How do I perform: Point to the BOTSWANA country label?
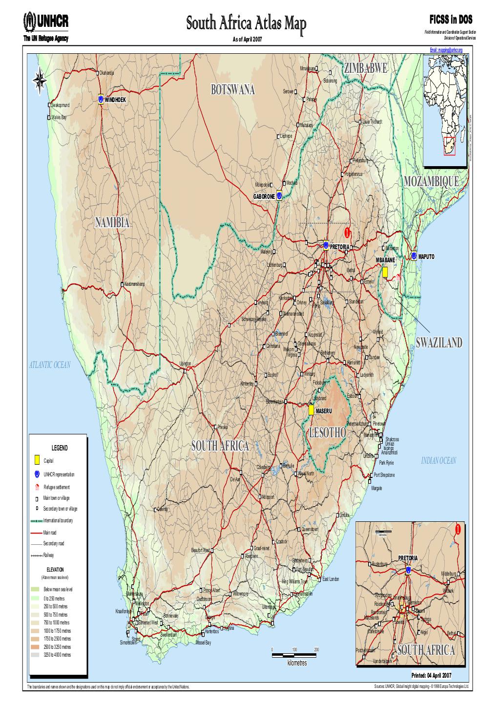[x=232, y=90]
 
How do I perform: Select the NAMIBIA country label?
[x=112, y=223]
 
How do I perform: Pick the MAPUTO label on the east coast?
[x=426, y=256]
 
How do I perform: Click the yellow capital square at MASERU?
[x=311, y=410]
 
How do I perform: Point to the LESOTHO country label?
[x=327, y=432]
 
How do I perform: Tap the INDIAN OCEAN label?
[x=438, y=461]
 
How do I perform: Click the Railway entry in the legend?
[x=48, y=555]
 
